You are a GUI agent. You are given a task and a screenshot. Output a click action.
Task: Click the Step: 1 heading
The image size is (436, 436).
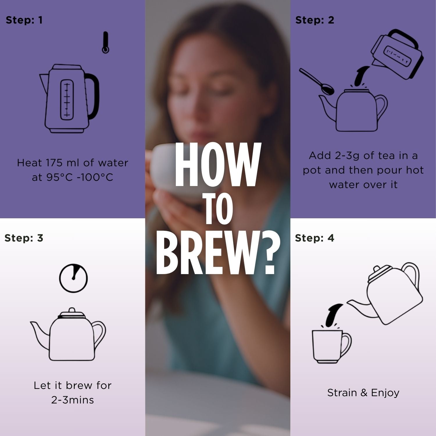click(x=24, y=20)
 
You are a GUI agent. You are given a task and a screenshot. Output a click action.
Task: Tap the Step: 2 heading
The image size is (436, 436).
click(x=315, y=20)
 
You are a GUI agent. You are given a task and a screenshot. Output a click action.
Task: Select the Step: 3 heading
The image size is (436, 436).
click(x=24, y=238)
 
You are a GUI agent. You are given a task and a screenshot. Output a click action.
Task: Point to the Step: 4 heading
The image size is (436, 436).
click(x=315, y=238)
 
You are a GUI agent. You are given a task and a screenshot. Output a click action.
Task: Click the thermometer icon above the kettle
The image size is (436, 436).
click(x=106, y=43)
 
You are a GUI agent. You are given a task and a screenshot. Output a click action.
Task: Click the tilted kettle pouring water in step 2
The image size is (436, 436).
click(x=396, y=55)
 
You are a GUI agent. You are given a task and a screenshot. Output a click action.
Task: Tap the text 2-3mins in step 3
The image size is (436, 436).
click(x=73, y=400)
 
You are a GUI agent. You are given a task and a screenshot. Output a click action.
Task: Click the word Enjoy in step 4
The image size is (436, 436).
click(x=385, y=393)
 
